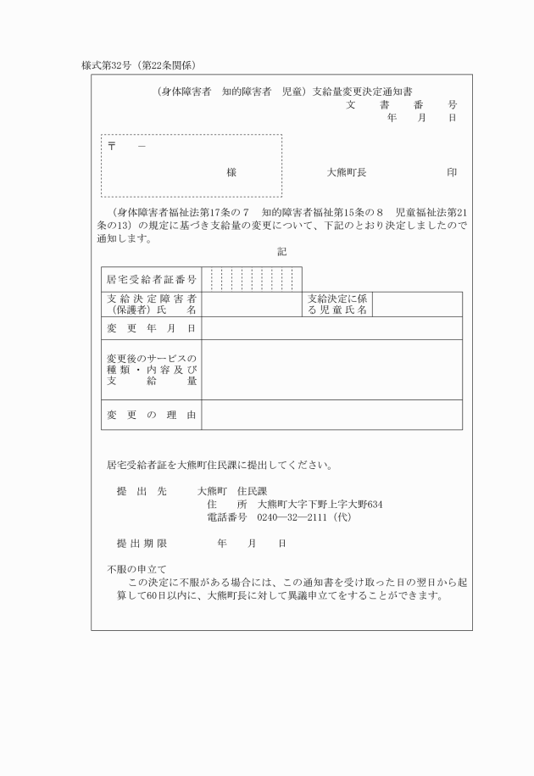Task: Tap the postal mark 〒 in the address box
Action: coord(111,146)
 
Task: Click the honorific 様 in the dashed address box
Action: coord(231,172)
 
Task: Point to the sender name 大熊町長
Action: coord(347,172)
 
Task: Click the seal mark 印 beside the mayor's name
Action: coord(452,172)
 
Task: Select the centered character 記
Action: coord(281,252)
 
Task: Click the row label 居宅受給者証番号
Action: coord(151,278)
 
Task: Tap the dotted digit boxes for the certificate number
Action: coord(252,278)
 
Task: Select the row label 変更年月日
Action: coord(151,328)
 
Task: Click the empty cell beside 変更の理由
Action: coord(331,415)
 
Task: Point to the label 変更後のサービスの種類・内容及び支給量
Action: coord(151,370)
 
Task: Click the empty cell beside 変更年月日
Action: coord(331,328)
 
